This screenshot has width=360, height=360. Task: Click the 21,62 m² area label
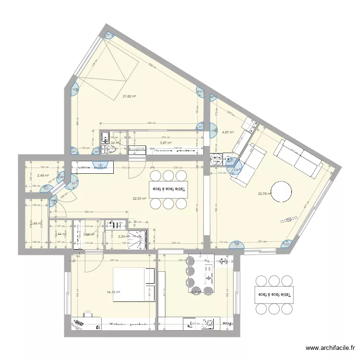pos(129,96)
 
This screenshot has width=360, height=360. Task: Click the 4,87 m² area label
pos(228,132)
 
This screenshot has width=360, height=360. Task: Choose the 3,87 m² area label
pos(166,143)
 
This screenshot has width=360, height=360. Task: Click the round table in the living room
pos(281,192)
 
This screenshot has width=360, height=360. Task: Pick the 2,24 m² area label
pos(124,236)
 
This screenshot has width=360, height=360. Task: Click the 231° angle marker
pos(74,183)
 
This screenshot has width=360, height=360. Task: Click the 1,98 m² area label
pos(89,234)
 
